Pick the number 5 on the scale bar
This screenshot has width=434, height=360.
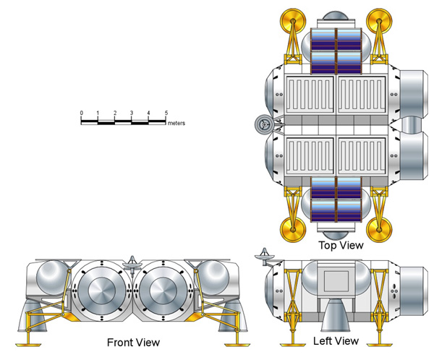click(166, 113)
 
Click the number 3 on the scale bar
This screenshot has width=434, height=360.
click(132, 113)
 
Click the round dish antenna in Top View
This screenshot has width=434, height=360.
click(263, 125)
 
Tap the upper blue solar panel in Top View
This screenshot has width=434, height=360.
click(335, 51)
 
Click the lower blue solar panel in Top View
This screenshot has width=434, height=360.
click(335, 199)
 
